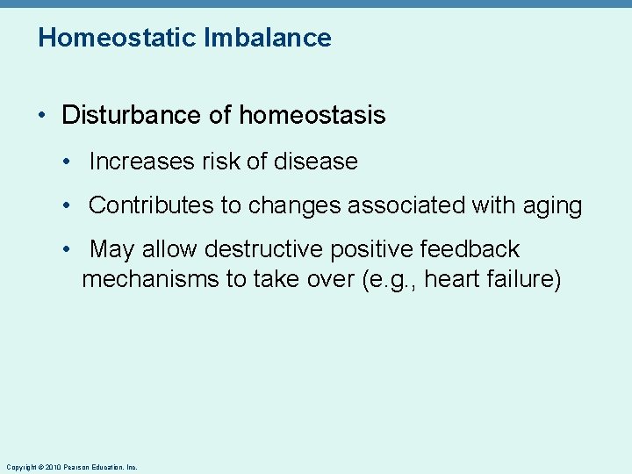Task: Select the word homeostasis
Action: click(x=312, y=115)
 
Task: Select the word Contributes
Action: click(x=151, y=205)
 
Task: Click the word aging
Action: click(x=551, y=205)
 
